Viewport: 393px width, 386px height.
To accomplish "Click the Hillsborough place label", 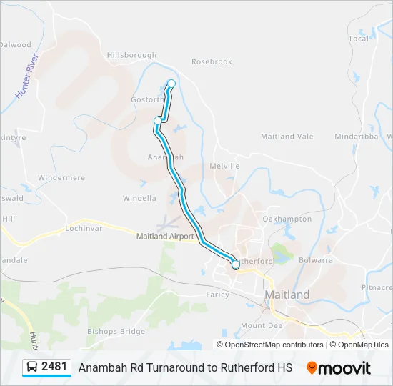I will pos(131,55).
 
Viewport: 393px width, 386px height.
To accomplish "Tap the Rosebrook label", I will pos(212,62).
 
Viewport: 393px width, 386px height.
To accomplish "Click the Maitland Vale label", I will pos(287,137).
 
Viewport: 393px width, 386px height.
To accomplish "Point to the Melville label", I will pos(224,166).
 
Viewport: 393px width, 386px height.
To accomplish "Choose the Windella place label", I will pos(139,198).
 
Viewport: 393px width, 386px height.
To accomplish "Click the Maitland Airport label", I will pos(165,236).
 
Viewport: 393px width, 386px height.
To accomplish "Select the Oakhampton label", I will pos(287,219).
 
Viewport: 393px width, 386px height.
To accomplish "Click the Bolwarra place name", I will pos(317,261).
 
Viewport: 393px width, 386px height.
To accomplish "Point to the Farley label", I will pos(218,295).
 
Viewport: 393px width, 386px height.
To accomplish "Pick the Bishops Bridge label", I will pos(116,332).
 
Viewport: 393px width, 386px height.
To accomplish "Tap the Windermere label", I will pos(61,178).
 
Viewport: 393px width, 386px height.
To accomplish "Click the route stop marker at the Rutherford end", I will pos(235,265).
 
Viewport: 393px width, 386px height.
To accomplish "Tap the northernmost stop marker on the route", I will pos(171,84).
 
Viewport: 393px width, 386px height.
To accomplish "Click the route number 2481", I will pos(54,367).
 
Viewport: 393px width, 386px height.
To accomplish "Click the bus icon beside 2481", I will pos(32,367).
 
